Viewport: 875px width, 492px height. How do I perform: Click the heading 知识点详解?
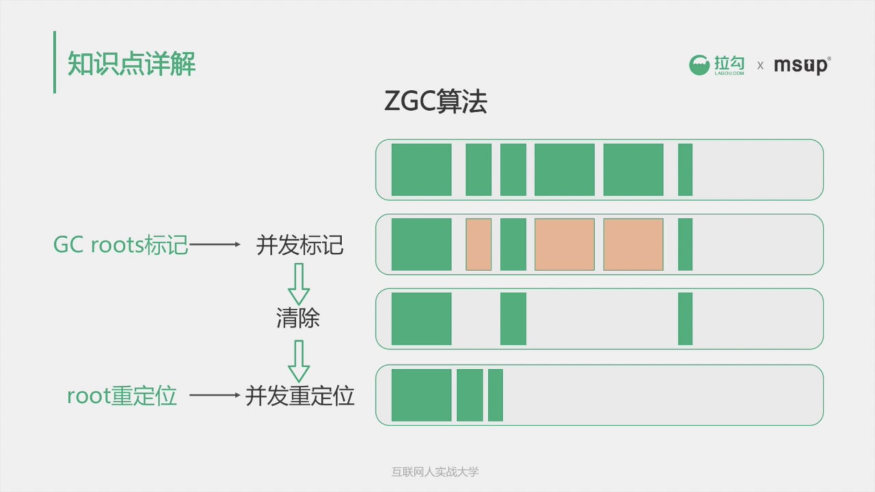point(132,63)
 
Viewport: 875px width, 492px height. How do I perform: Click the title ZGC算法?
point(436,101)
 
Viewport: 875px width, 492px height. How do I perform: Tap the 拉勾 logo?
point(717,65)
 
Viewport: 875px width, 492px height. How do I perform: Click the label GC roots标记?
point(121,245)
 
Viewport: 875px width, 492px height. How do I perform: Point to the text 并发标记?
point(299,245)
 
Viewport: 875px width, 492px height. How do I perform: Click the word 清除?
point(298,318)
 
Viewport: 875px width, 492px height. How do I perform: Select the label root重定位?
point(122,395)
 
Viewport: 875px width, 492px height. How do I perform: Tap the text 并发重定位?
point(299,395)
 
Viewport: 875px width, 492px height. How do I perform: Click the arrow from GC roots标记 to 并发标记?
point(215,245)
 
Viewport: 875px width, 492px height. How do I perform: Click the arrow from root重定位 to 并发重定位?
point(215,395)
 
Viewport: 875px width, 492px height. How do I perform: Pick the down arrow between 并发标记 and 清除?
point(299,284)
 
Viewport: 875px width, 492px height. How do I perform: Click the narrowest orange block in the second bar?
point(479,244)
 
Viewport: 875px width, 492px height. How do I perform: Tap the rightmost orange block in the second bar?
point(633,244)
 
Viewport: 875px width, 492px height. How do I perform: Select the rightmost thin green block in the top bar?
point(685,169)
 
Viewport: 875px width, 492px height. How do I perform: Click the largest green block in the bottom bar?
point(421,395)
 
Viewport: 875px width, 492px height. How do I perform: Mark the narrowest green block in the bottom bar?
point(495,395)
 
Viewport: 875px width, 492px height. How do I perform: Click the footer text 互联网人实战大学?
point(435,472)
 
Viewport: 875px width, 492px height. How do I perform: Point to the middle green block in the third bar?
point(513,319)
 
